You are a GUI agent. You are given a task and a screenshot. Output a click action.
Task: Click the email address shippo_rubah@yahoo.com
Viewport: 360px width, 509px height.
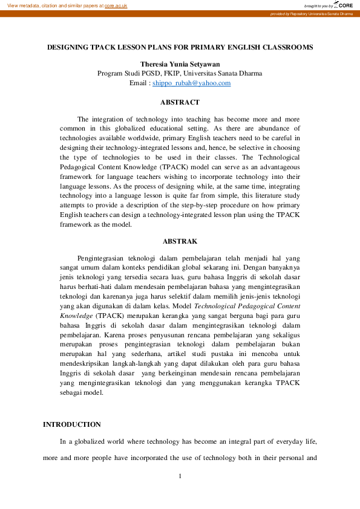pos(191,83)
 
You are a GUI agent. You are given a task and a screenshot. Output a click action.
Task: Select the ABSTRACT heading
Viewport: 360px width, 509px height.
pos(180,102)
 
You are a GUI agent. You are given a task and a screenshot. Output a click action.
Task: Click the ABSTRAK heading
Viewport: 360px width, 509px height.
pos(180,241)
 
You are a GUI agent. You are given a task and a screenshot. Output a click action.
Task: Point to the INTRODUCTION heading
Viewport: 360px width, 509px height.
pos(72,424)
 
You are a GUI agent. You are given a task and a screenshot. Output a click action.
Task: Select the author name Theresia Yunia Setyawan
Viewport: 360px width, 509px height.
pos(180,64)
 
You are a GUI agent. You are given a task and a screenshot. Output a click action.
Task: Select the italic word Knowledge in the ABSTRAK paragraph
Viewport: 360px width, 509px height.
pos(76,316)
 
